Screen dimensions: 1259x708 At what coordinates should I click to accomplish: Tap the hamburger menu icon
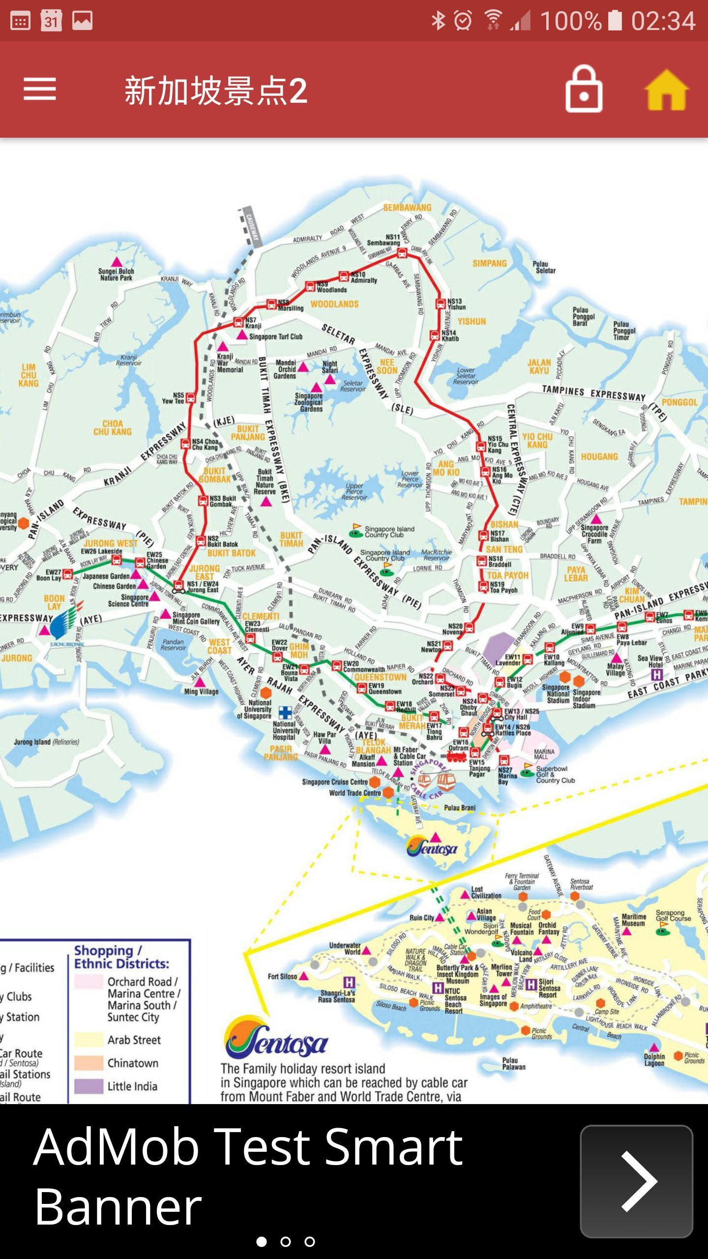coord(39,90)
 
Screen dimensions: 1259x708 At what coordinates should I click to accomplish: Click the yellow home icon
coord(666,90)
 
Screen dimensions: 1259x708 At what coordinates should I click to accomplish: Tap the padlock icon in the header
coord(584,90)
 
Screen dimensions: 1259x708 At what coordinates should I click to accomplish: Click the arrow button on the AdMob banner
coord(636,1181)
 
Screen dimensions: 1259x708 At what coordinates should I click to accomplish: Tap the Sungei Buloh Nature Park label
coord(116,274)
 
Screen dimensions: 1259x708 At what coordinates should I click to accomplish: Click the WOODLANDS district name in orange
coord(334,304)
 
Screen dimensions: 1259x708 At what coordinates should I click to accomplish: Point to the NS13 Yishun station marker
coord(441,304)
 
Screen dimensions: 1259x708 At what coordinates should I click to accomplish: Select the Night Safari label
coord(330,367)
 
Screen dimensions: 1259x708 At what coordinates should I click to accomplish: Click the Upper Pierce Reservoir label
coord(354,491)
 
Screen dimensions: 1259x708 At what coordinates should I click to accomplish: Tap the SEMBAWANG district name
coord(407,208)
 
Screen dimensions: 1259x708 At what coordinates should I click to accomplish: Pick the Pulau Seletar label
coord(545,267)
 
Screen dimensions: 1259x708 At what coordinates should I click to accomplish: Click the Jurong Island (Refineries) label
coord(46,742)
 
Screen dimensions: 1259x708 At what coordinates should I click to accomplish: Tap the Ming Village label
coord(201,691)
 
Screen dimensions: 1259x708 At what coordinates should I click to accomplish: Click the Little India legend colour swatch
coord(88,1086)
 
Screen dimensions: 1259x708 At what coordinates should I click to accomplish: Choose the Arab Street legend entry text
coord(134,1040)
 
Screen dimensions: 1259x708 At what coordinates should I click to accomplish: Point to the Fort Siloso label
coord(282,976)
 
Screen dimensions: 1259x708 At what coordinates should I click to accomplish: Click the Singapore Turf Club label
coord(275,337)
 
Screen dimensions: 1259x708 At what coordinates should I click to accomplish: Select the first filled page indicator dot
coord(262,1242)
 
